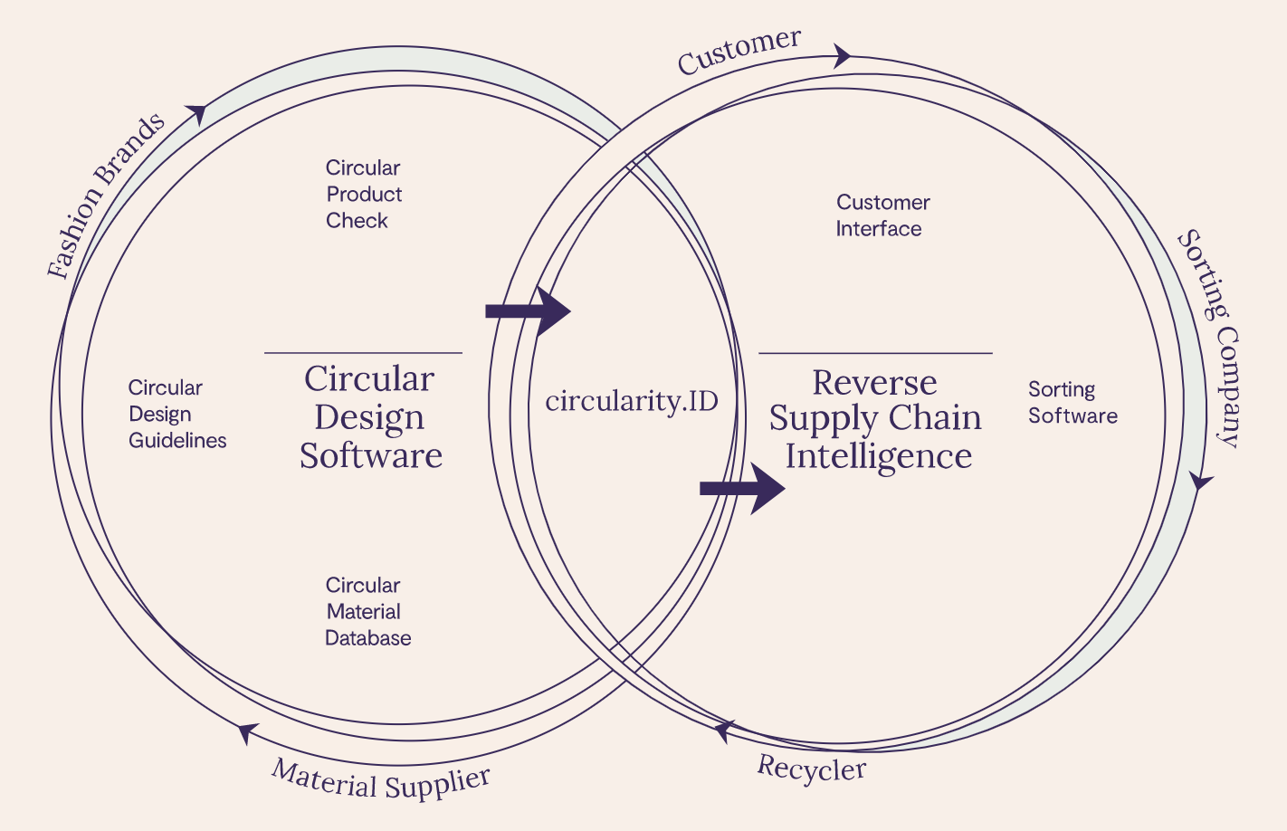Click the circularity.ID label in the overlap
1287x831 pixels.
point(632,401)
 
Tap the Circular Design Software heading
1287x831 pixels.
point(370,416)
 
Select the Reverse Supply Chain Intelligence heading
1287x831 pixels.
point(875,419)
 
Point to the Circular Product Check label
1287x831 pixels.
point(363,194)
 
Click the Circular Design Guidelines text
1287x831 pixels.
point(176,414)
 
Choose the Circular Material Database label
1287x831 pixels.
point(367,611)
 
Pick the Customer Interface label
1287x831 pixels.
point(882,215)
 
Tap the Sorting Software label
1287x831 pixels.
point(1072,403)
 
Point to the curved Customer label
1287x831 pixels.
point(739,52)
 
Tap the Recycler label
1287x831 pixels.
point(812,769)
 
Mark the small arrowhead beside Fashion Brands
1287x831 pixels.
point(197,114)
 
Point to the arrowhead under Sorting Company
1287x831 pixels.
point(1200,481)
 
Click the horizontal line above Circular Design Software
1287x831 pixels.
point(363,353)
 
